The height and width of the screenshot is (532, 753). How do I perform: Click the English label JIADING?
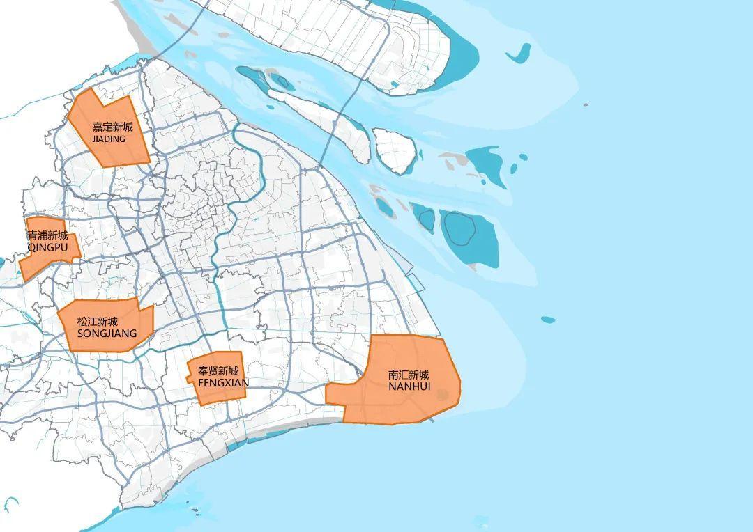coord(109,139)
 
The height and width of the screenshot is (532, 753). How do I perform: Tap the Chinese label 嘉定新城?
coord(112,127)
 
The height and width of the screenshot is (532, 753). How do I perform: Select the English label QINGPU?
coord(47,247)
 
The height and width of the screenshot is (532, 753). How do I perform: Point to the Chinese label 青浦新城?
coord(47,235)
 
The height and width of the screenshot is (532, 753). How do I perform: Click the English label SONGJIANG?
coord(107,334)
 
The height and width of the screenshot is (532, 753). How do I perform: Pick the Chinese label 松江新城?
coord(98,322)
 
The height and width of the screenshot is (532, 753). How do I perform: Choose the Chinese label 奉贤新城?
coord(218,371)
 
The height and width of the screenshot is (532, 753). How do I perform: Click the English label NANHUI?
coord(409,386)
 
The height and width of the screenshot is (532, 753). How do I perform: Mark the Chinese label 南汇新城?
coord(409,375)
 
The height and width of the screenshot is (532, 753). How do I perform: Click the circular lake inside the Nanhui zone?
coord(441,395)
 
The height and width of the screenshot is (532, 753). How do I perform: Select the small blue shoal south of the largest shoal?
coord(548,320)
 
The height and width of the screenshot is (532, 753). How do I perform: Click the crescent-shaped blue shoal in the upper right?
coord(518,54)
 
